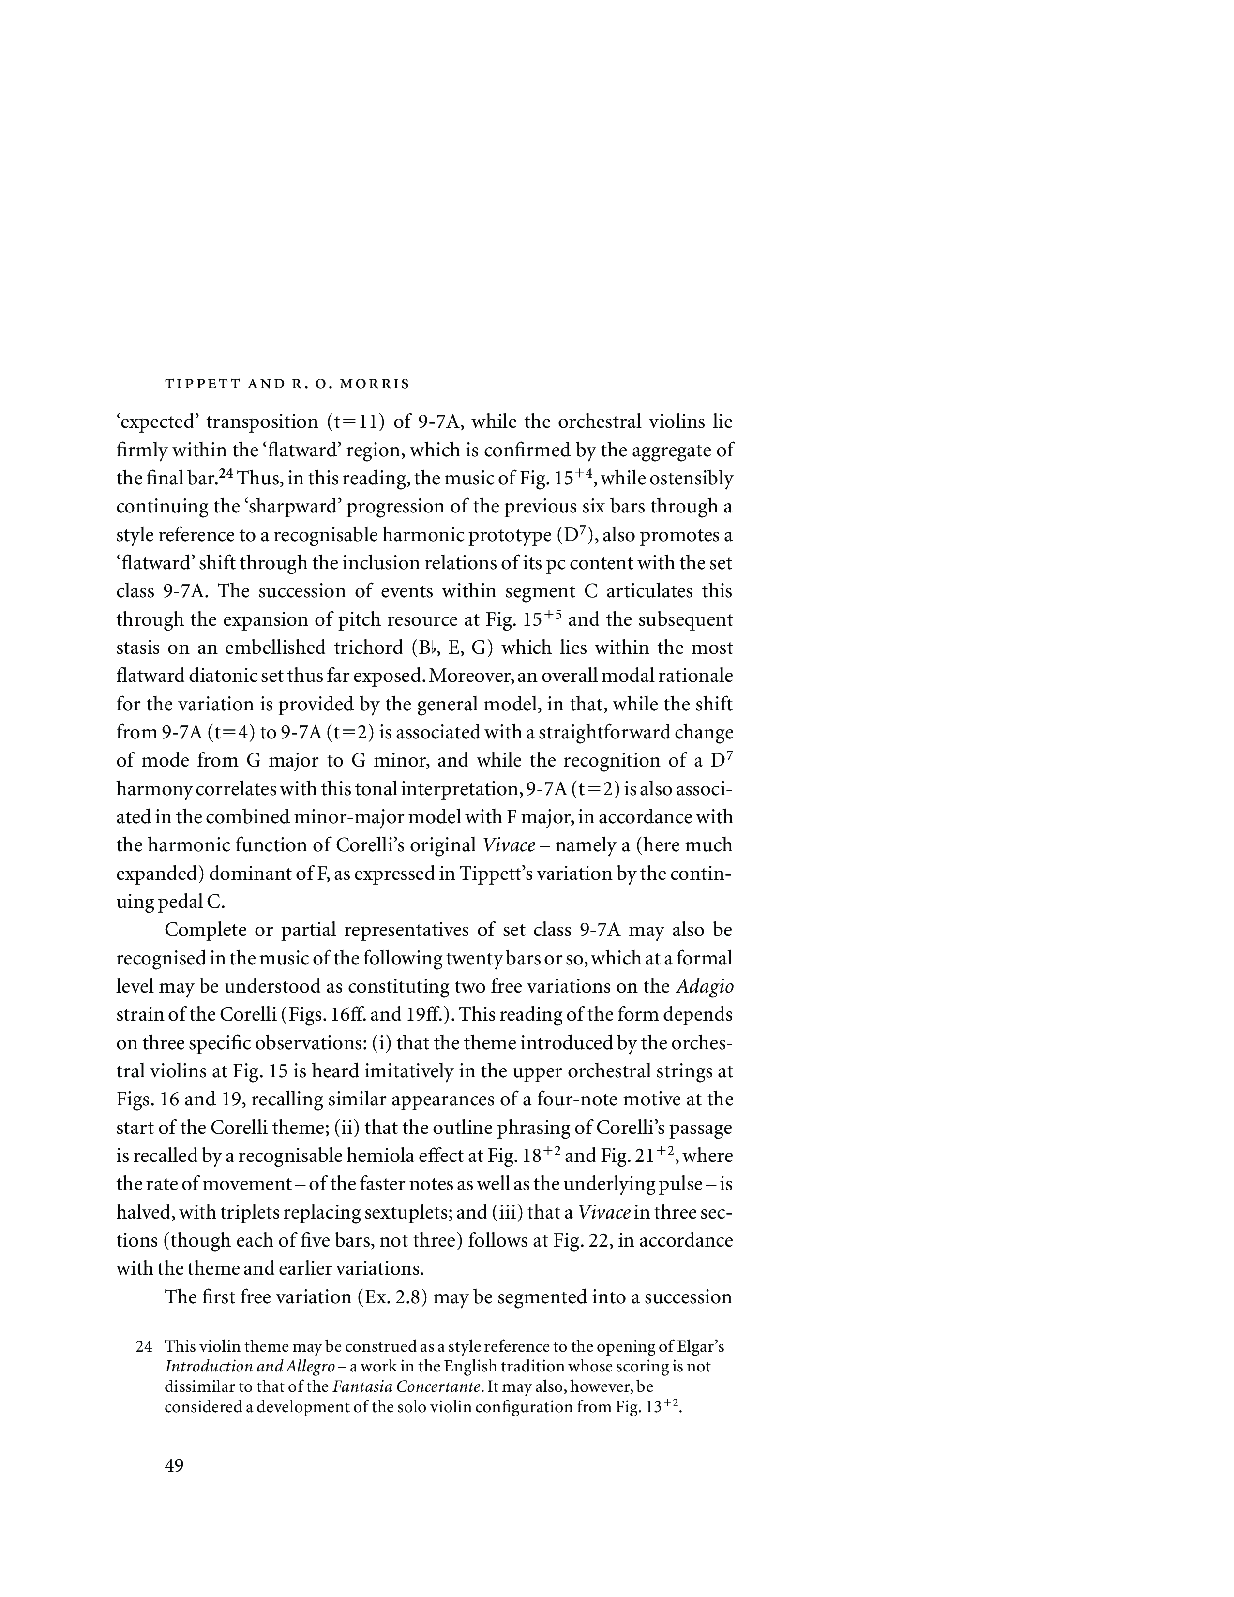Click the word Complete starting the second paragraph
click(204, 930)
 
